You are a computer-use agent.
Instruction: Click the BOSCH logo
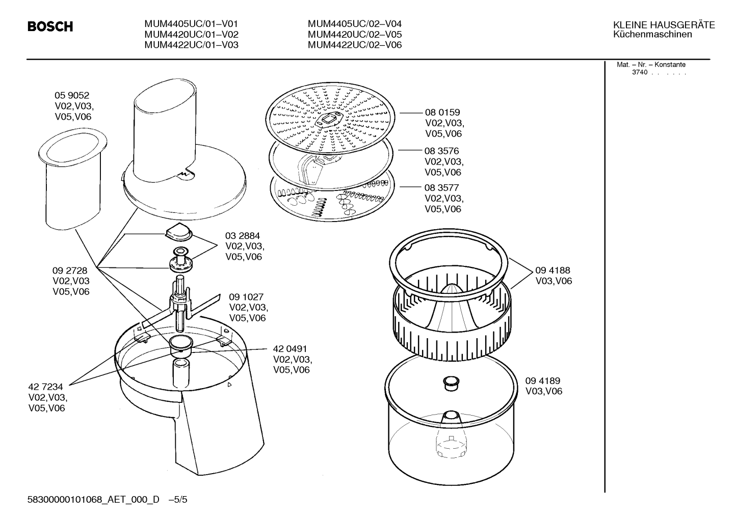(50, 26)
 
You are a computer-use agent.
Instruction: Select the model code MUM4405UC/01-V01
(191, 24)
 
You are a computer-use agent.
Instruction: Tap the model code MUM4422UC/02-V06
(354, 45)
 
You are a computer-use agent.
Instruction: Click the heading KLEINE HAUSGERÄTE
(664, 25)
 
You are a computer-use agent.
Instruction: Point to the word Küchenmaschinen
(652, 35)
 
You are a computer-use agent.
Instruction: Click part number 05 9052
(72, 95)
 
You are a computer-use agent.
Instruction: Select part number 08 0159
(442, 113)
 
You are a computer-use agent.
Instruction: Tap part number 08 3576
(441, 151)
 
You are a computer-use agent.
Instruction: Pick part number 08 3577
(441, 188)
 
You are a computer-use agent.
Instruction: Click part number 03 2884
(243, 236)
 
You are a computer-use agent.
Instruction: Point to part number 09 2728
(70, 270)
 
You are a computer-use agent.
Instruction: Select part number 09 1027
(246, 297)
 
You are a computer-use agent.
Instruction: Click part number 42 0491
(290, 349)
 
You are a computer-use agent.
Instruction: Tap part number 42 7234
(45, 387)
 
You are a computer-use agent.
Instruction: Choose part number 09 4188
(553, 270)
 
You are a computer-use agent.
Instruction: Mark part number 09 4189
(543, 381)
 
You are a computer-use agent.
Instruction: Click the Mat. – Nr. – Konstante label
(651, 65)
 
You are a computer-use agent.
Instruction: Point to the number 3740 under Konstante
(640, 72)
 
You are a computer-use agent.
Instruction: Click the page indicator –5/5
(178, 500)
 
